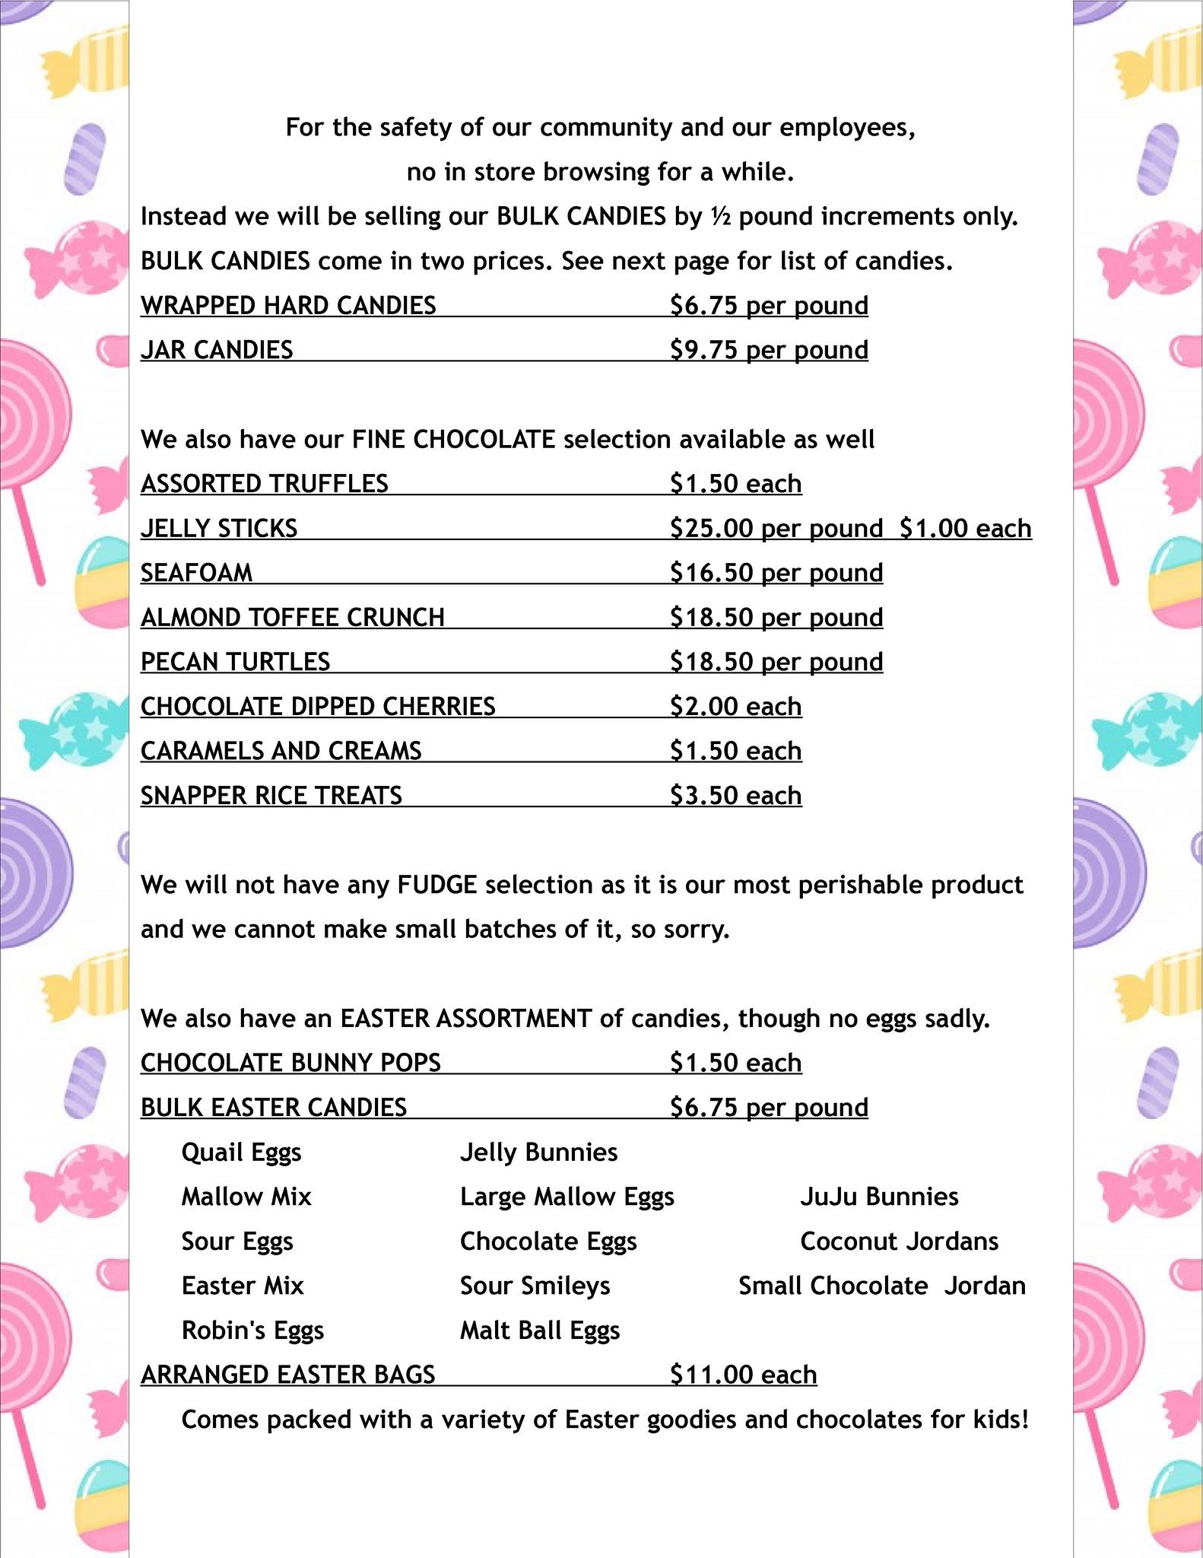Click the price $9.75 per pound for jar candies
pyautogui.click(x=769, y=350)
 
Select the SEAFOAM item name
pyautogui.click(x=196, y=573)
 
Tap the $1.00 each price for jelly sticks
pyautogui.click(x=965, y=528)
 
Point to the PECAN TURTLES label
pyautogui.click(x=235, y=662)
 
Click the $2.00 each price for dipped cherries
pyautogui.click(x=735, y=707)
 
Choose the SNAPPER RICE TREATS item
pyautogui.click(x=271, y=796)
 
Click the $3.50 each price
pyautogui.click(x=735, y=796)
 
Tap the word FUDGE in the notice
pyautogui.click(x=436, y=885)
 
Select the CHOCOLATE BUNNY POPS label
pyautogui.click(x=290, y=1063)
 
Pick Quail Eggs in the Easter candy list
pyautogui.click(x=241, y=1153)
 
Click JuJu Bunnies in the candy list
pyautogui.click(x=879, y=1197)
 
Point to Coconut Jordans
pyautogui.click(x=899, y=1242)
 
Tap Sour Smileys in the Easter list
pyautogui.click(x=535, y=1286)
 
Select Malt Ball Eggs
pyautogui.click(x=540, y=1331)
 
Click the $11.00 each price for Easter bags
pyautogui.click(x=743, y=1375)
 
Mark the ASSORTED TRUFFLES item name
pyautogui.click(x=264, y=484)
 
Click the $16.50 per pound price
pyautogui.click(x=776, y=573)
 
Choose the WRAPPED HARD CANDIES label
pyautogui.click(x=288, y=306)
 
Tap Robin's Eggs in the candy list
pyautogui.click(x=252, y=1331)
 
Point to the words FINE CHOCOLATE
pyautogui.click(x=453, y=440)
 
